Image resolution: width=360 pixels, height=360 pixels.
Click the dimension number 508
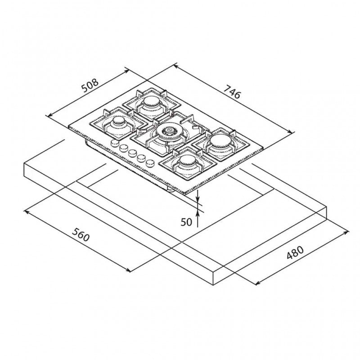(90, 85)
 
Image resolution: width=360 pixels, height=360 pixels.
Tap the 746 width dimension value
(232, 93)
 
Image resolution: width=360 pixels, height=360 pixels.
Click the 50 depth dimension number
(186, 221)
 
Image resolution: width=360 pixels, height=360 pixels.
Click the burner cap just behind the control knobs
(118, 121)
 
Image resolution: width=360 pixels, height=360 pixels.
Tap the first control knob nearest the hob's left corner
(115, 144)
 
